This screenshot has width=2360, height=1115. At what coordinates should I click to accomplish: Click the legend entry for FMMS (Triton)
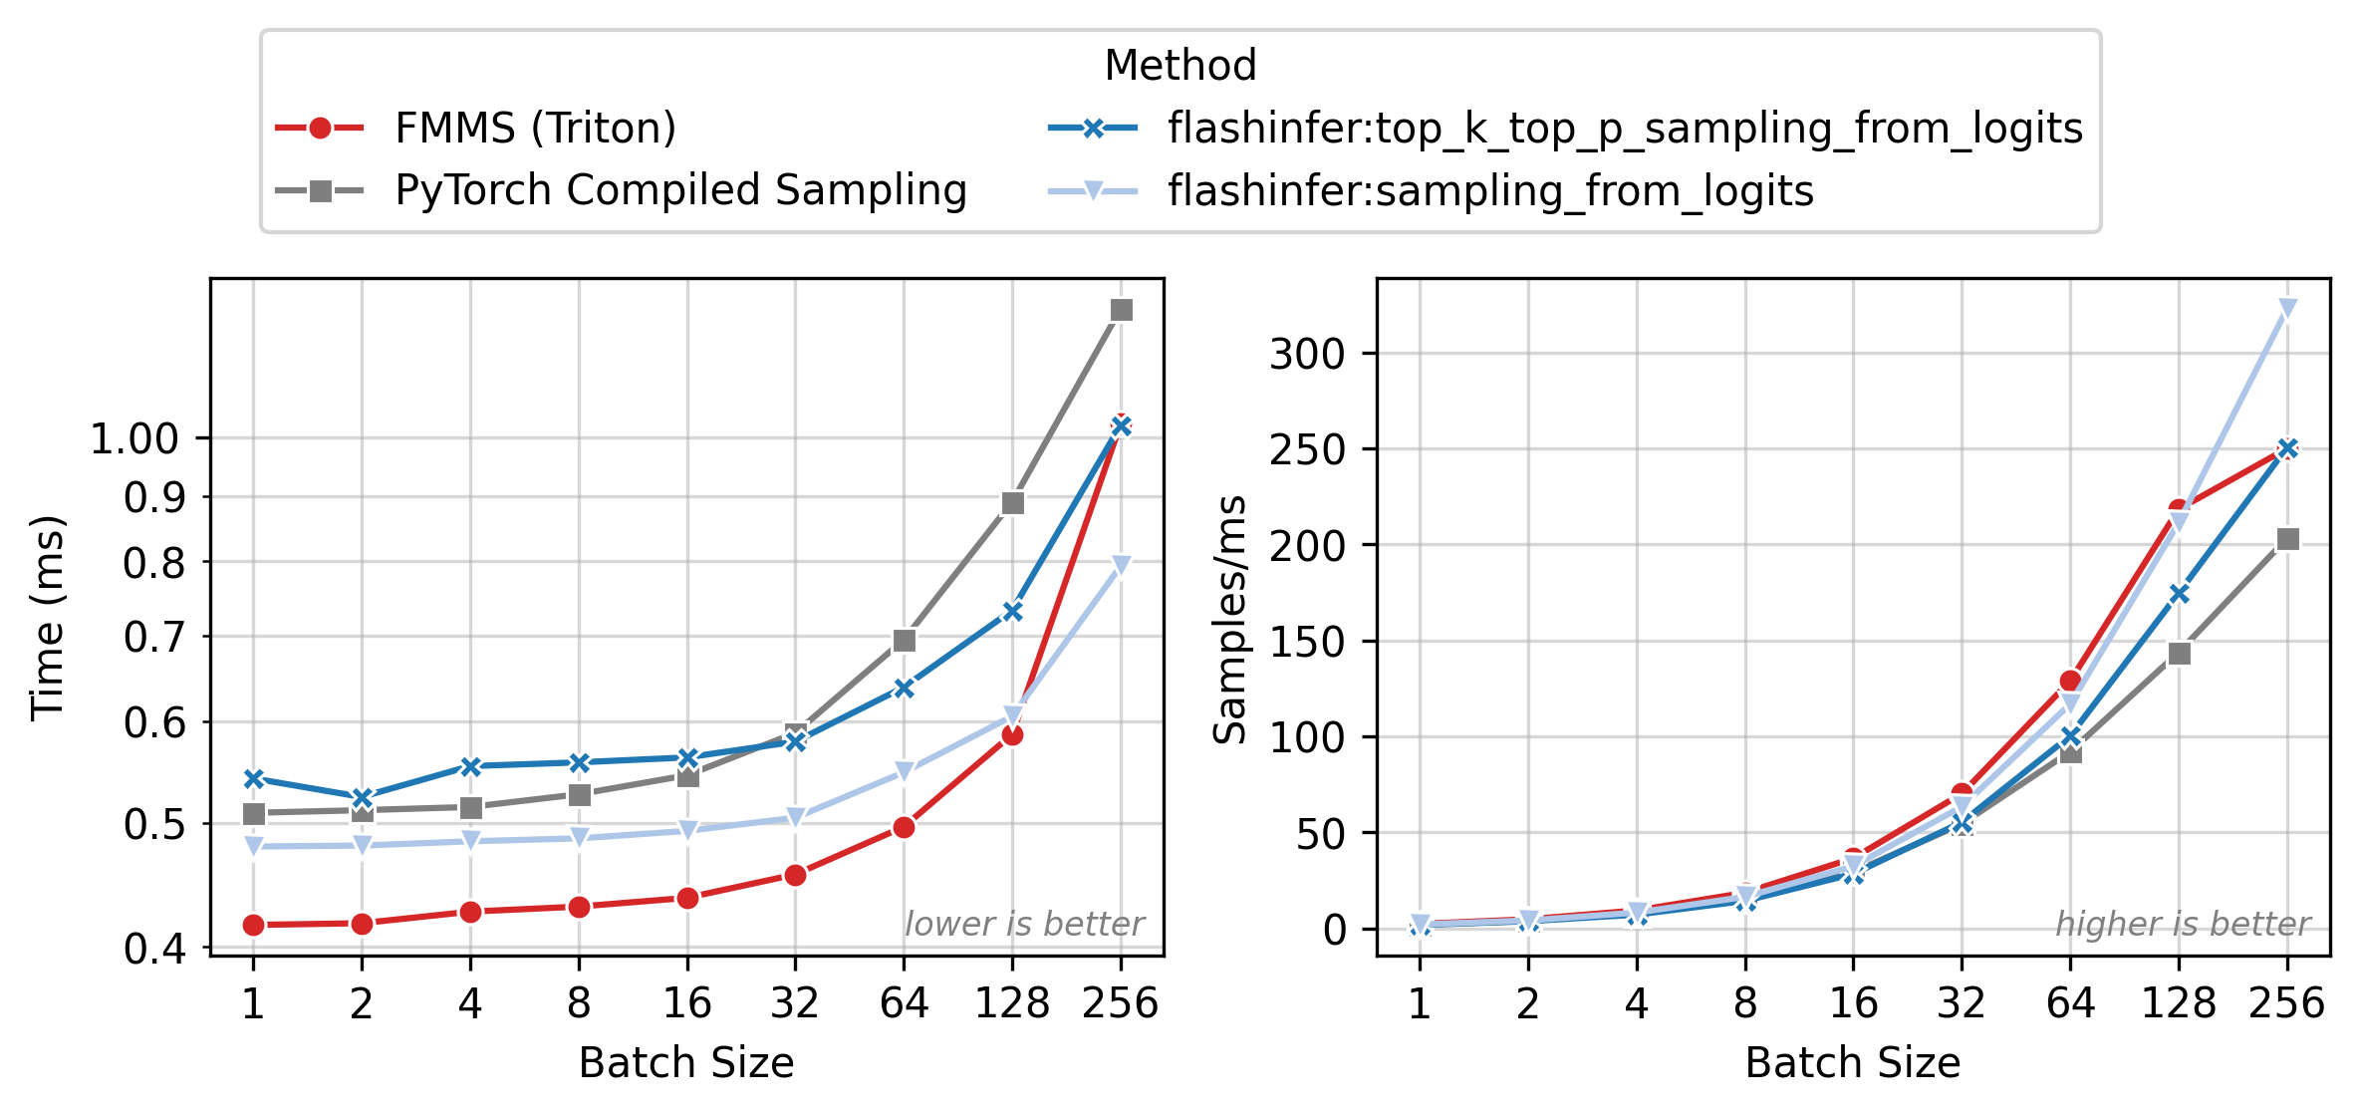(x=535, y=129)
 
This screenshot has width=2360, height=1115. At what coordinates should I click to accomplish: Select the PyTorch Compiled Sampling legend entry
(x=680, y=190)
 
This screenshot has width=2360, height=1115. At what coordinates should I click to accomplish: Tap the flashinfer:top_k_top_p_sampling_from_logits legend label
(x=1625, y=129)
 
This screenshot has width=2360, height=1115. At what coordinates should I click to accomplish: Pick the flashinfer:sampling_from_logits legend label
(x=1490, y=190)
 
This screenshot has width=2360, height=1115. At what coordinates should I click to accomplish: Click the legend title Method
(x=1180, y=66)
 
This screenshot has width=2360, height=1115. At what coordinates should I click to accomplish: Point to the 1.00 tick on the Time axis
(x=134, y=438)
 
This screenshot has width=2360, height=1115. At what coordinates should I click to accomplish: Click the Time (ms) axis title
(x=47, y=618)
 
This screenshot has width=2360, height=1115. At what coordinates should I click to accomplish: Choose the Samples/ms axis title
(x=1230, y=618)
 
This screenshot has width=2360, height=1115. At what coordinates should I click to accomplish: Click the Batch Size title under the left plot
(x=686, y=1063)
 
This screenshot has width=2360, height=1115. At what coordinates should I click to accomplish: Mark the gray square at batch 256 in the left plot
(x=1121, y=311)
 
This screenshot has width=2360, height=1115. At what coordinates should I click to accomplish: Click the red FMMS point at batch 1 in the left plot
(x=253, y=926)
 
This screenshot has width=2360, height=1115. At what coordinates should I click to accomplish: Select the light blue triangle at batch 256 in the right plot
(x=2287, y=309)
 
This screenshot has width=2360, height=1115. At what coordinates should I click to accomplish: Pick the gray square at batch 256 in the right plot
(x=2287, y=539)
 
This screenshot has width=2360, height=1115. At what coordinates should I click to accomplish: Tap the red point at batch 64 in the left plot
(x=904, y=828)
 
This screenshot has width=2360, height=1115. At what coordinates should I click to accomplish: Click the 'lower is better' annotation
(x=1024, y=925)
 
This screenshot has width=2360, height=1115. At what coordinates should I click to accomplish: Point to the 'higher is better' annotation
(x=2183, y=925)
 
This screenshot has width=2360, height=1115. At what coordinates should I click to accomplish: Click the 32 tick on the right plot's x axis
(x=1962, y=1002)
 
